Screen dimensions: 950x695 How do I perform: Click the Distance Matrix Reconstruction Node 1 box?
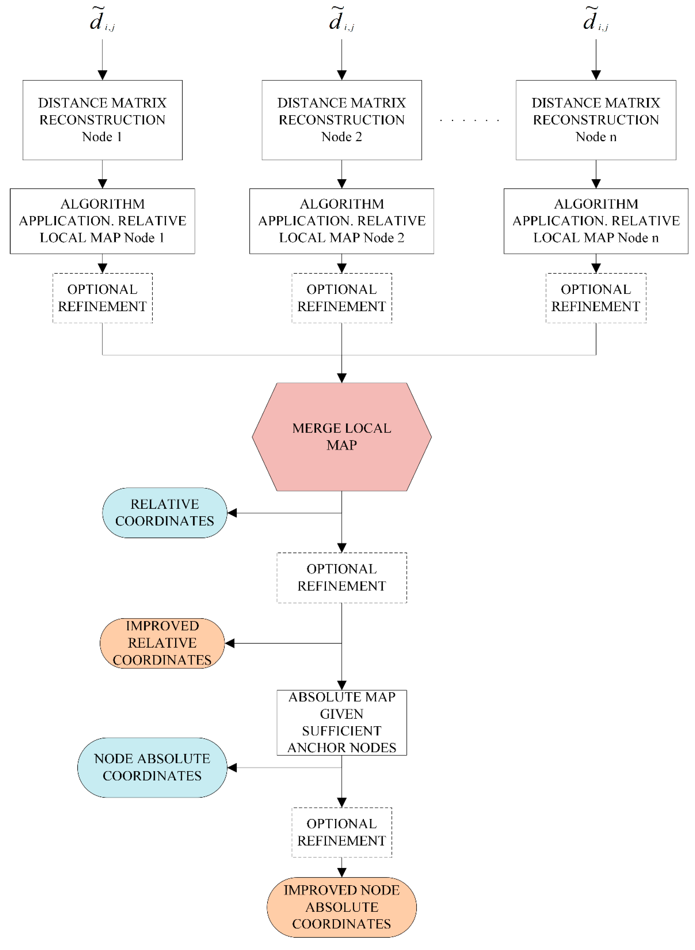102,120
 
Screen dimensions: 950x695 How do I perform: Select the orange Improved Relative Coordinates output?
162,643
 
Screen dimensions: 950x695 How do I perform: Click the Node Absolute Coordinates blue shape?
152,767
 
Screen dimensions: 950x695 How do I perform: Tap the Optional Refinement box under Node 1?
102,298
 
